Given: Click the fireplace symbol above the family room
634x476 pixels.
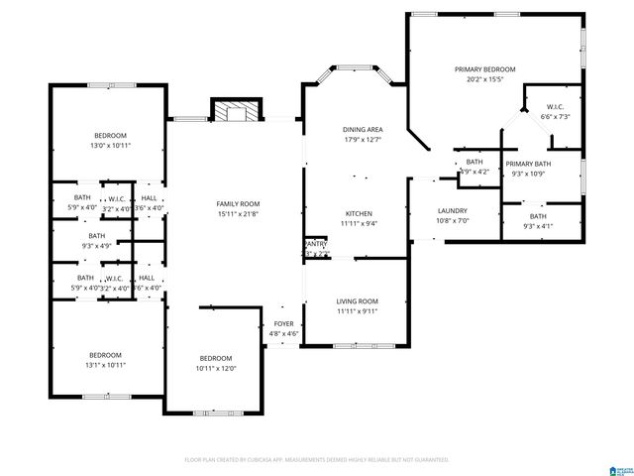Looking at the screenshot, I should (x=236, y=111).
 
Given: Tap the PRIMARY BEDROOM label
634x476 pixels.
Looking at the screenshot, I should (x=484, y=69).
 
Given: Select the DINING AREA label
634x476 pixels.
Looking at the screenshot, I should (x=363, y=130).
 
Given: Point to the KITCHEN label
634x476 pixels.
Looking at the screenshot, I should (x=359, y=213).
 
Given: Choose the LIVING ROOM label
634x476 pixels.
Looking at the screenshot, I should (x=357, y=301).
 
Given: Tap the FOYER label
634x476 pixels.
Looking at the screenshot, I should (x=284, y=324).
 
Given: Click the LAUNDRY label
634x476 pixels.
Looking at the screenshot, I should (x=452, y=210).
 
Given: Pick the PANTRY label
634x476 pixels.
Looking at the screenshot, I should (x=316, y=244).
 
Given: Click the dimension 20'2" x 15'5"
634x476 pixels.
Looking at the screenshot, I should (x=484, y=79).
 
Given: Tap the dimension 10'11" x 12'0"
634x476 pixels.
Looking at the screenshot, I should (x=215, y=368).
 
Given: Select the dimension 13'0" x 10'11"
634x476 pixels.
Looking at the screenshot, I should (x=110, y=146).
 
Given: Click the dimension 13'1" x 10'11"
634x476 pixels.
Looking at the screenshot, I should (x=105, y=365).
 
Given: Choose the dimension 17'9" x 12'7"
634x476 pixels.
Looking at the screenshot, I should (x=363, y=140).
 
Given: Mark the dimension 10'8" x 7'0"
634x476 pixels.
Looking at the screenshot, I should (x=452, y=220).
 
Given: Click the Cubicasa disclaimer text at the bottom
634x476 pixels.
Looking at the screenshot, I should (x=317, y=459).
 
